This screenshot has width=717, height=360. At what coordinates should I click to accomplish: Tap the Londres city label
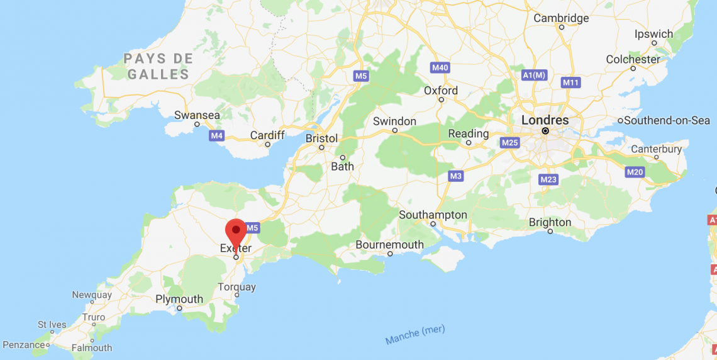pyautogui.click(x=545, y=120)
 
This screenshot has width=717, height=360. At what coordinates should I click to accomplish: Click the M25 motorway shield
pyautogui.click(x=509, y=143)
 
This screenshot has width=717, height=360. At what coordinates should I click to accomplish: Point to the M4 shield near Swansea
pyautogui.click(x=217, y=135)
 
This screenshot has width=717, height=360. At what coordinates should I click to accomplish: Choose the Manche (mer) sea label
pyautogui.click(x=415, y=335)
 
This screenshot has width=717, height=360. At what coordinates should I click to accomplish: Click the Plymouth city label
pyautogui.click(x=179, y=299)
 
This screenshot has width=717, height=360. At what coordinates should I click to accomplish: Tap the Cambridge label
pyautogui.click(x=561, y=18)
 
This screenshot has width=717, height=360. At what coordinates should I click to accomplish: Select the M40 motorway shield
pyautogui.click(x=440, y=67)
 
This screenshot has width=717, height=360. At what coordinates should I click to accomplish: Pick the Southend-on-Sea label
pyautogui.click(x=667, y=120)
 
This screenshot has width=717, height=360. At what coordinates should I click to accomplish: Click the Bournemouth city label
pyautogui.click(x=389, y=244)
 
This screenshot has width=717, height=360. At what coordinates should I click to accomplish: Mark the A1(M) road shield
pyautogui.click(x=535, y=75)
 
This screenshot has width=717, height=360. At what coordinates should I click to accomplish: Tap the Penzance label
pyautogui.click(x=23, y=344)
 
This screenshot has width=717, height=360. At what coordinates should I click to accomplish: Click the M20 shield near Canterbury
pyautogui.click(x=635, y=172)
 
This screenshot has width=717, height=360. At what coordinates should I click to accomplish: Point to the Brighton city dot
pyautogui.click(x=550, y=232)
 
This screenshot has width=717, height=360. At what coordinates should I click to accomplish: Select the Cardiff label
pyautogui.click(x=267, y=135)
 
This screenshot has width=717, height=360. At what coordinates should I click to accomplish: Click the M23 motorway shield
pyautogui.click(x=548, y=179)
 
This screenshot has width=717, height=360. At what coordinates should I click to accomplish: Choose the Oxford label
pyautogui.click(x=441, y=91)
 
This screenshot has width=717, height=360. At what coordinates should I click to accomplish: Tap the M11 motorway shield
pyautogui.click(x=570, y=82)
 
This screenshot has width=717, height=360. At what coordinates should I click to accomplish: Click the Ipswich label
pyautogui.click(x=653, y=34)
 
